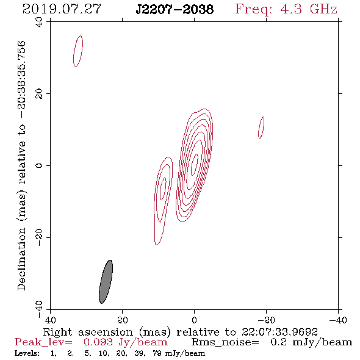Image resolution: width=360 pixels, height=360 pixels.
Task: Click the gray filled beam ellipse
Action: [x=106, y=282]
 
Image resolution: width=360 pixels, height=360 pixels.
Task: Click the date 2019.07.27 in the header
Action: [x=62, y=9]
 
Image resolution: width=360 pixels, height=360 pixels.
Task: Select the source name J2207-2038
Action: [x=175, y=9]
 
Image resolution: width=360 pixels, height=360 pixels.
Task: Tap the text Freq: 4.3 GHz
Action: [x=286, y=9]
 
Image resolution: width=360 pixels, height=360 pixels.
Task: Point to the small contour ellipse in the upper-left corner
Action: [x=78, y=51]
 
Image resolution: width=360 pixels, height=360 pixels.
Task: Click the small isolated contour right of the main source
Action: [x=261, y=128]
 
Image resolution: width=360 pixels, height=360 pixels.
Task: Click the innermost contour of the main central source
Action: [x=195, y=164]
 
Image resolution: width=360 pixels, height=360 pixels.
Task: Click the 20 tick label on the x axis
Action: [x=123, y=320]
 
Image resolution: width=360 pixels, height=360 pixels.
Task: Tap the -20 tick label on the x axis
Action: [x=266, y=320]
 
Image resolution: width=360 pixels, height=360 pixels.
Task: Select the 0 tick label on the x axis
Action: [x=194, y=320]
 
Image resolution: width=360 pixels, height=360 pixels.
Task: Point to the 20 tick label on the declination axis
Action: [x=39, y=94]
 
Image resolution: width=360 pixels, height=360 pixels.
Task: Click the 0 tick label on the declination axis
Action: [x=39, y=165]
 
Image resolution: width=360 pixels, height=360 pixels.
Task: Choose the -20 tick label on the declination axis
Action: [x=39, y=237]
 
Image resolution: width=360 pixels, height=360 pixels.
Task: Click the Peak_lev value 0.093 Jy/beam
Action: [x=125, y=342]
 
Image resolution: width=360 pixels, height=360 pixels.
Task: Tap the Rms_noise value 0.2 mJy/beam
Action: [x=311, y=342]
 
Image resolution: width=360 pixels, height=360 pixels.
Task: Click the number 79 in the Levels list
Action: [x=157, y=353]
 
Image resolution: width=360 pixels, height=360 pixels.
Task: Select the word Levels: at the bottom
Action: [x=27, y=353]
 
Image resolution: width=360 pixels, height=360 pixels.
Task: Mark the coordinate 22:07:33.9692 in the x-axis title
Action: [x=279, y=332]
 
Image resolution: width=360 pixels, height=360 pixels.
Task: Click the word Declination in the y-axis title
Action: [x=21, y=259]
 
